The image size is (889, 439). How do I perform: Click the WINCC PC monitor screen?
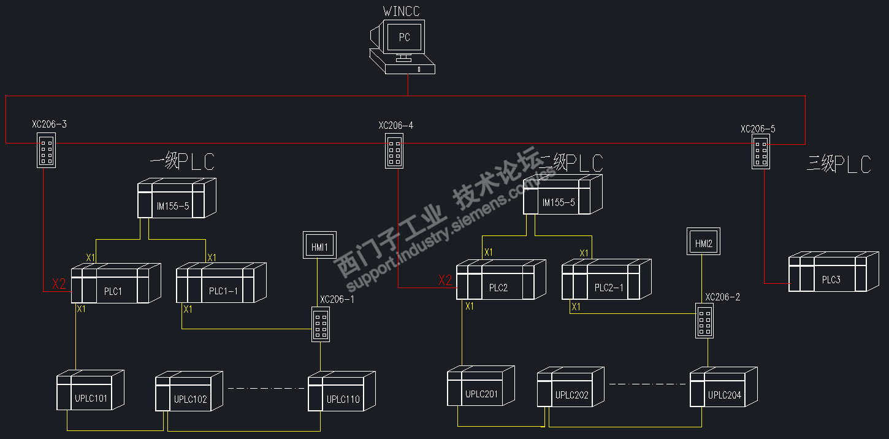click(x=404, y=37)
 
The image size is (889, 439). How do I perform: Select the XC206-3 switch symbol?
click(x=46, y=151)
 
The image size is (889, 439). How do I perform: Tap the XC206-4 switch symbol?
click(x=395, y=151)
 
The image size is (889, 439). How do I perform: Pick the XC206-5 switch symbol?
click(x=761, y=153)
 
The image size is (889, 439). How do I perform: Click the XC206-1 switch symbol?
click(x=321, y=324)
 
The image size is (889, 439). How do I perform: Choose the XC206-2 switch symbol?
click(x=704, y=320)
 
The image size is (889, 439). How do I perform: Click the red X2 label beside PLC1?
click(x=58, y=284)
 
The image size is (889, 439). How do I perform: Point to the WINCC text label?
click(x=402, y=10)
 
